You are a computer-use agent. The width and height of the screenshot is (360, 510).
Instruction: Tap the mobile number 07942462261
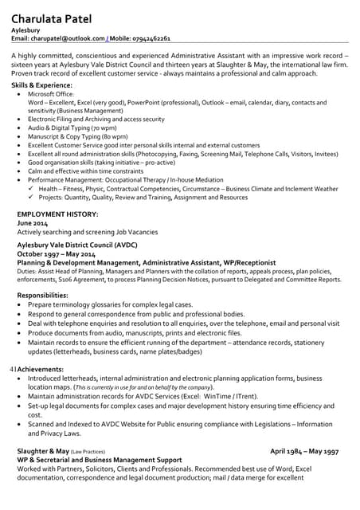pos(151,37)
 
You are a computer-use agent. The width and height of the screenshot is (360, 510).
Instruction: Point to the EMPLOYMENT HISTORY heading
pos(57,214)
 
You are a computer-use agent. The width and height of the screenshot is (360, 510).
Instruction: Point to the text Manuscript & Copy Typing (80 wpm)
pos(77,137)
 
